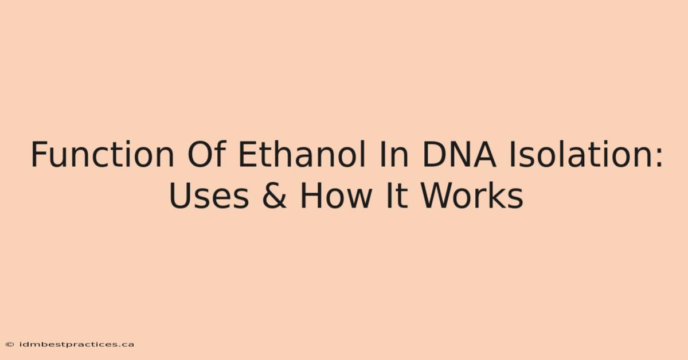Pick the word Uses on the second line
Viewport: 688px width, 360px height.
(x=209, y=195)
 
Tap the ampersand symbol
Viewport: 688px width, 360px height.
(x=274, y=195)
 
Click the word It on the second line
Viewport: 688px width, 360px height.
(x=397, y=195)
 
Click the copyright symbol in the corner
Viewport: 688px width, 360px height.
(x=10, y=345)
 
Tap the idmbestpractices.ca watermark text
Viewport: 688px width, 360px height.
(x=77, y=345)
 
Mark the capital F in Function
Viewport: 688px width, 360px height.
(x=40, y=154)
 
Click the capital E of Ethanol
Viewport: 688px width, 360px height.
(x=248, y=154)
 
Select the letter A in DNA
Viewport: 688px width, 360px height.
(x=483, y=154)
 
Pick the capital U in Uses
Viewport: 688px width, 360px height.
(x=180, y=196)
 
